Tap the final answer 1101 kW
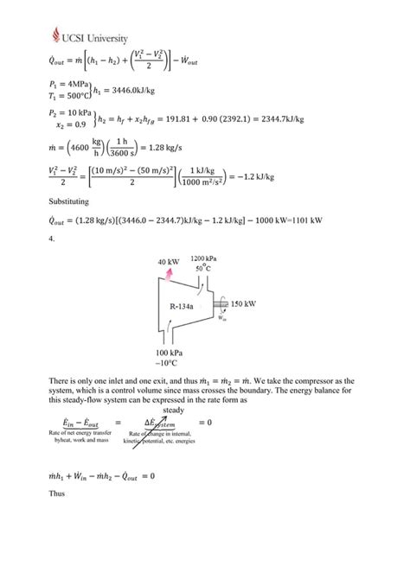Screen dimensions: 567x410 click(x=308, y=221)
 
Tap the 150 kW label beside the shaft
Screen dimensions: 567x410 click(x=244, y=304)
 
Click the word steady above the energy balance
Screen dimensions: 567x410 click(x=174, y=409)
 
